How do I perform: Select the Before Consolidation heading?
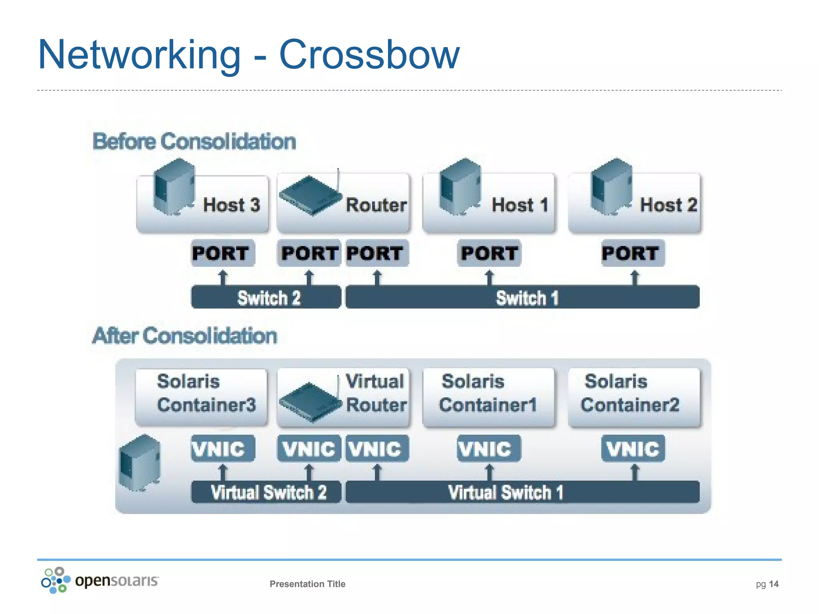coord(194,142)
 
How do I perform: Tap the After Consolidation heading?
coord(184,336)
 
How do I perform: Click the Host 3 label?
coord(231,205)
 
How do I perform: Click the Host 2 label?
coord(668,205)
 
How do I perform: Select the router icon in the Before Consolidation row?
coord(310,195)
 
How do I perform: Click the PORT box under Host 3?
coord(222,253)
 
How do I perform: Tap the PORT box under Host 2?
coord(633,253)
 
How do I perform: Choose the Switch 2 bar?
coord(266,297)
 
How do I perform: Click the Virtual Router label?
coord(376,393)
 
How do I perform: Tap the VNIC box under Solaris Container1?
coord(489,449)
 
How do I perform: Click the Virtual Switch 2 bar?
coord(266,492)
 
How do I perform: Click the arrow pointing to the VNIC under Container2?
coord(634,472)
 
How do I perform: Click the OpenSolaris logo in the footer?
coord(100,580)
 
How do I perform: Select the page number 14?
coord(773,584)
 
